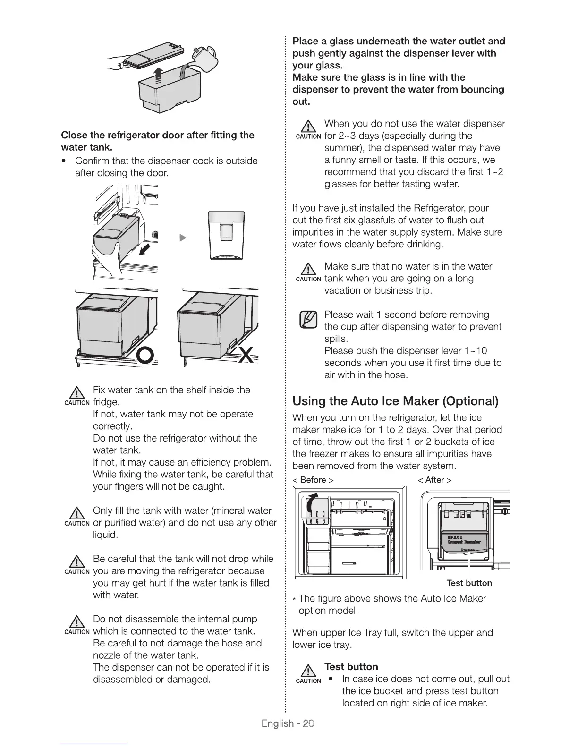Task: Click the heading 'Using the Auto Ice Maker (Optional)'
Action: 396,401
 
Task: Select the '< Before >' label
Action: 314,480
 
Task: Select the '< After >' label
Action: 434,480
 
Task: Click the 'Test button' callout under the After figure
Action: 469,583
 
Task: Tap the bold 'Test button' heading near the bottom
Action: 351,667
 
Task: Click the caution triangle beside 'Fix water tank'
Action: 76,393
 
